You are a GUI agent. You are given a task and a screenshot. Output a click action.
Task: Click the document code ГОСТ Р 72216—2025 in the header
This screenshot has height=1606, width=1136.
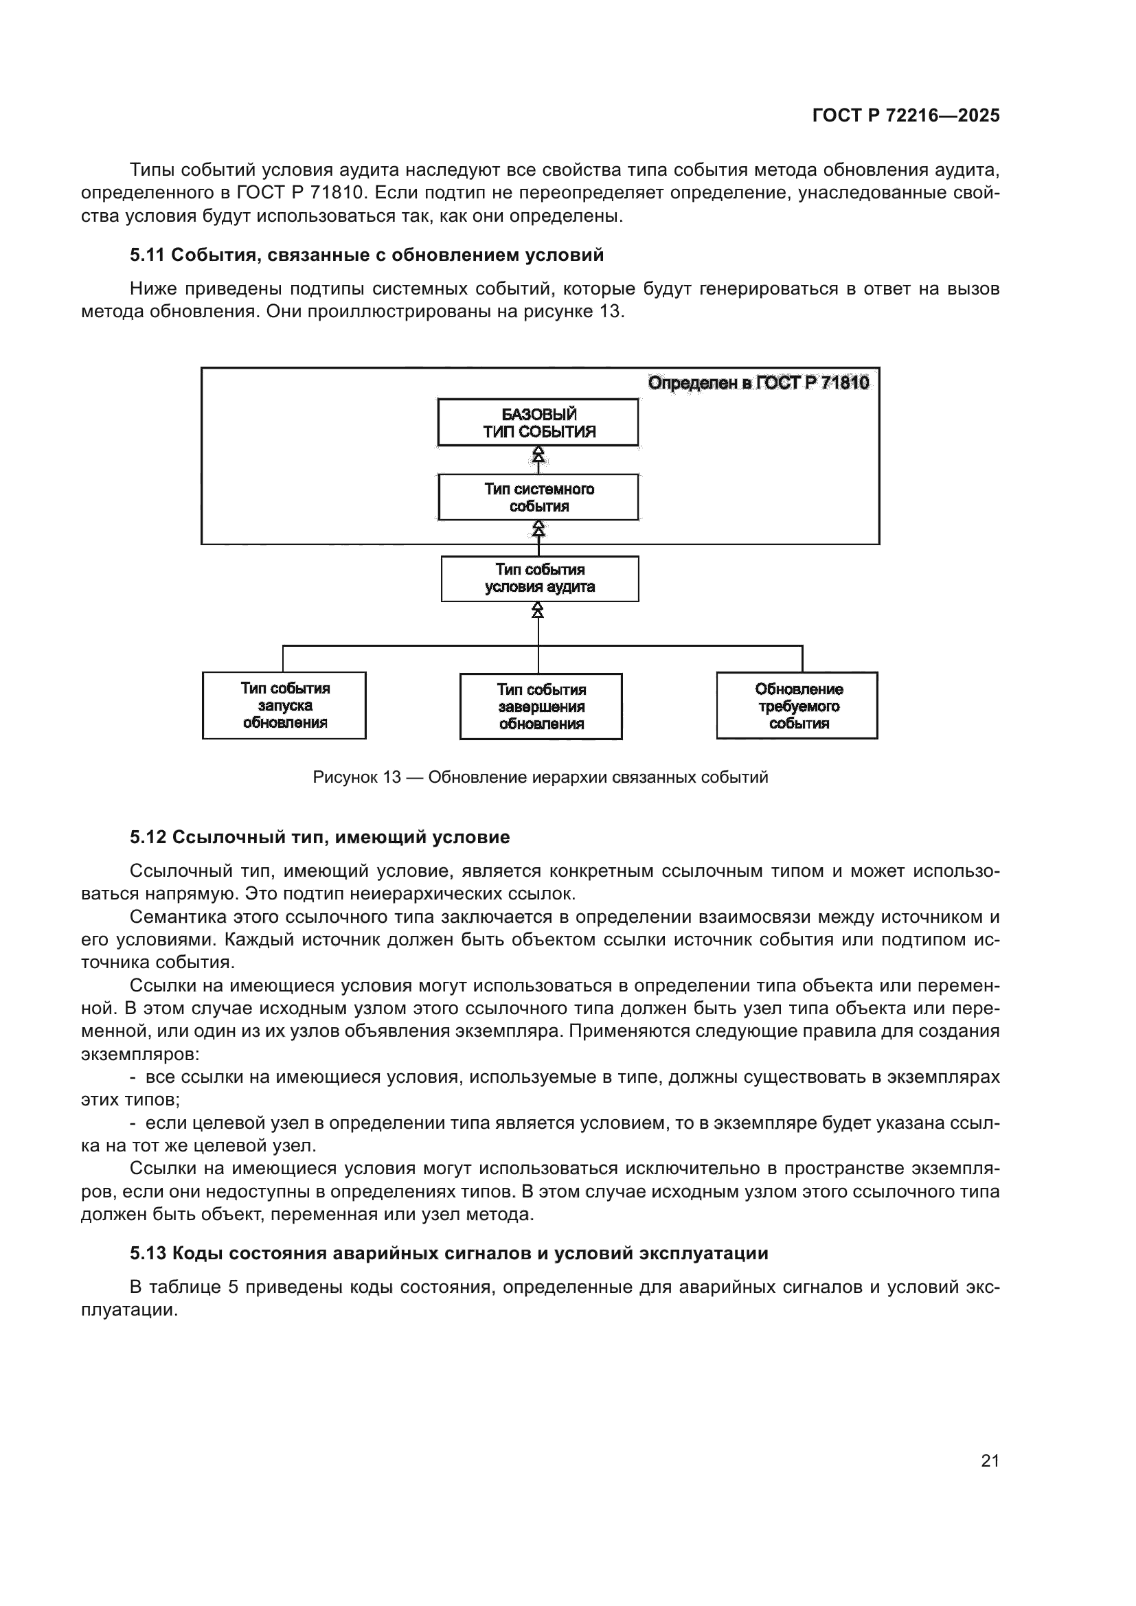pyautogui.click(x=906, y=115)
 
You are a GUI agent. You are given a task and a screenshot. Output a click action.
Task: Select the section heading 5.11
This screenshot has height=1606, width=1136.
pyautogui.click(x=367, y=255)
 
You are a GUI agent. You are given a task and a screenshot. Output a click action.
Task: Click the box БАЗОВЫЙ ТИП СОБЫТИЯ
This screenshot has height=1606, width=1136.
pyautogui.click(x=538, y=422)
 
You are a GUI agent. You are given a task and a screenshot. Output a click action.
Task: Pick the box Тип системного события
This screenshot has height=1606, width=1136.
pyautogui.click(x=538, y=497)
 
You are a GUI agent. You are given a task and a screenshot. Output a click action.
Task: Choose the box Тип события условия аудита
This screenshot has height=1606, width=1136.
pyautogui.click(x=539, y=578)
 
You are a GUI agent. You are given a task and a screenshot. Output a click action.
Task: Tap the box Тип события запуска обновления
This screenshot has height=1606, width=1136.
pyautogui.click(x=284, y=705)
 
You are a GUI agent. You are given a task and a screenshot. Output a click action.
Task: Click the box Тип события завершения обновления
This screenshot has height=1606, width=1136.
pyautogui.click(x=541, y=707)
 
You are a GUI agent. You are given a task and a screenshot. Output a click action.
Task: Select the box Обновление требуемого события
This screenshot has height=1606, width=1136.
pyautogui.click(x=797, y=706)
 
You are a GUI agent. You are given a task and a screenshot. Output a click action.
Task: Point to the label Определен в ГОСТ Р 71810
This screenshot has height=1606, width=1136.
pyautogui.click(x=758, y=382)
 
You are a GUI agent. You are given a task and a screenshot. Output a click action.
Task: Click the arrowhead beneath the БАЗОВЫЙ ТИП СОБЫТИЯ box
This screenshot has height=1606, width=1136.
pyautogui.click(x=538, y=455)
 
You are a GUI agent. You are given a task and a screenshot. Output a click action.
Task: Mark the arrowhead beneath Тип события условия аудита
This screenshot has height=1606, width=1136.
pyautogui.click(x=538, y=610)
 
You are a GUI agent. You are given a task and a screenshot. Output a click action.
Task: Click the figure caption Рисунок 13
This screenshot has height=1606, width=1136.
pyautogui.click(x=540, y=777)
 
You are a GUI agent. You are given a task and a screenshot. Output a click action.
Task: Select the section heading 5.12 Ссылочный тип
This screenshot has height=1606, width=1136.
pyautogui.click(x=319, y=837)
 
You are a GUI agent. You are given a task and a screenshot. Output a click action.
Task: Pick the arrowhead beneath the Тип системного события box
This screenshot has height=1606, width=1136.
pyautogui.click(x=538, y=531)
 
